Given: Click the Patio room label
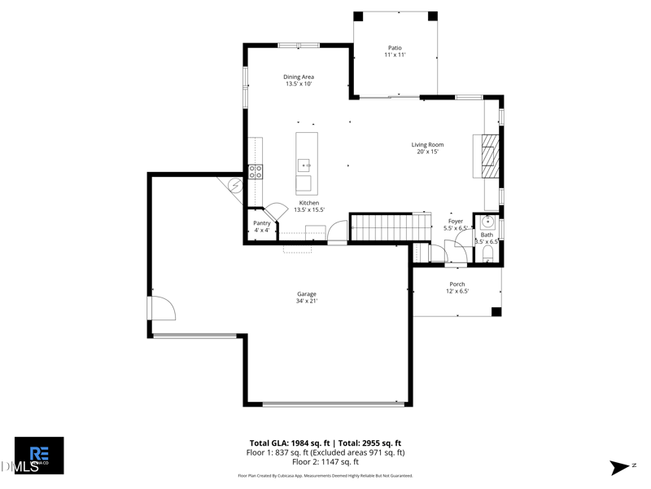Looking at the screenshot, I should [x=394, y=48].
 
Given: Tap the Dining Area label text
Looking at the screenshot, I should [x=299, y=77].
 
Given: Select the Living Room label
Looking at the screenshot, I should [x=427, y=145].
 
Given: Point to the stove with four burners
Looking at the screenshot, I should [x=256, y=171].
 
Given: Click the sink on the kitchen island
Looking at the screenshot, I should [x=304, y=165].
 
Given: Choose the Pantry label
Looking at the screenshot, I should [x=261, y=223].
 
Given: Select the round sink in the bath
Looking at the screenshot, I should [x=488, y=221].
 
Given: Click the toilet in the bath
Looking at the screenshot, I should [x=487, y=256].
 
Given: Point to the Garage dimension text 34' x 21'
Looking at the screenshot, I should [x=307, y=302].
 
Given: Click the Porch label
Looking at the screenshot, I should [x=457, y=284].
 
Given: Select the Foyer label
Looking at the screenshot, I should [x=456, y=221].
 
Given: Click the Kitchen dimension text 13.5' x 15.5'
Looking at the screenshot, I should [x=308, y=209].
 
